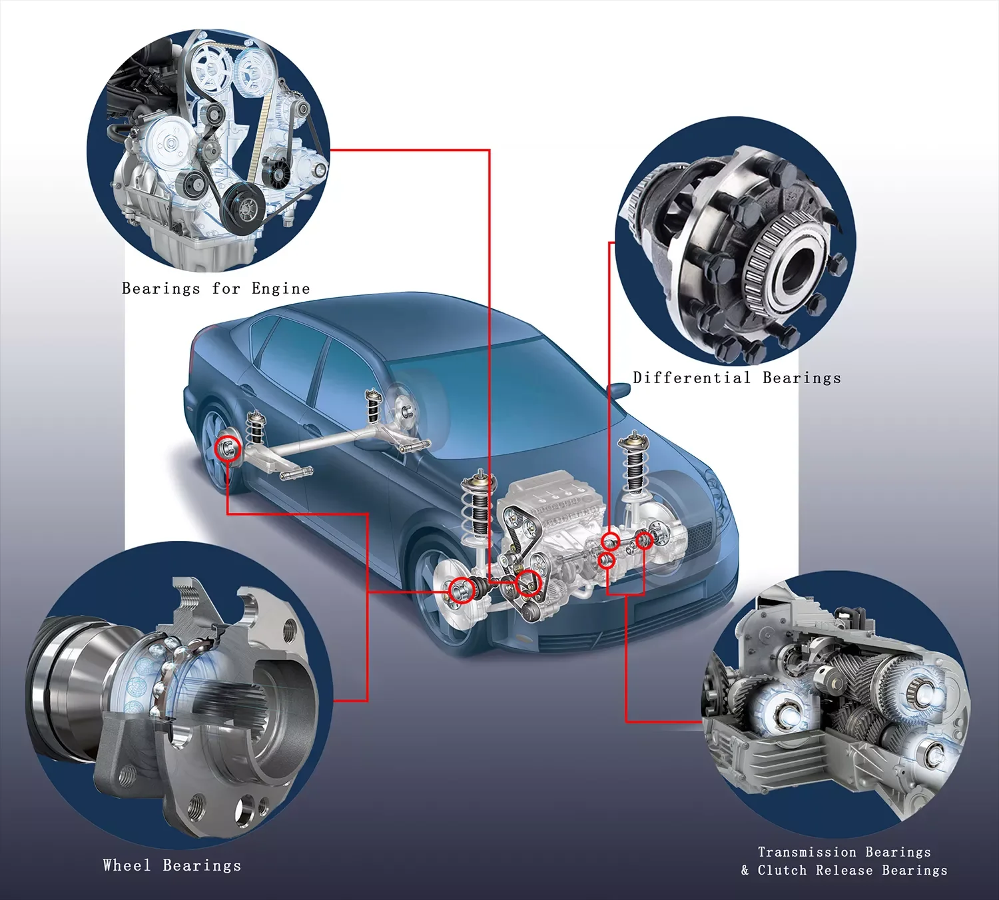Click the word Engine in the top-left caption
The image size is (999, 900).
(x=280, y=288)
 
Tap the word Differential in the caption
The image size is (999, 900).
(x=691, y=378)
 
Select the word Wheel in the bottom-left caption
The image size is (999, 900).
(x=127, y=865)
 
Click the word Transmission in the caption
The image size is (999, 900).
(x=807, y=852)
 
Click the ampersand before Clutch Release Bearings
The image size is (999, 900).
(x=745, y=870)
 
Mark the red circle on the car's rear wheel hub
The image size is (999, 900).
(x=229, y=447)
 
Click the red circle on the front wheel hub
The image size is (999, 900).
(x=461, y=590)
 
